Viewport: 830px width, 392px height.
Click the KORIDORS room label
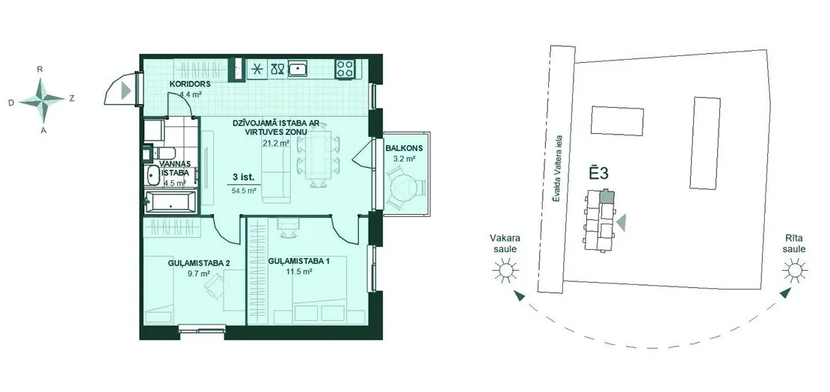point(190,85)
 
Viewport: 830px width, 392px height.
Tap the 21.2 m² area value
point(276,143)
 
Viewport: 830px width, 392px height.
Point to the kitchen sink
point(300,69)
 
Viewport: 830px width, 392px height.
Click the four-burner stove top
point(345,69)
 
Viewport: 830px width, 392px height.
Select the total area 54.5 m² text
point(244,191)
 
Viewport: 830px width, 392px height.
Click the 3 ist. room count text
point(243,177)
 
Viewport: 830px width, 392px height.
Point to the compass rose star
point(43,99)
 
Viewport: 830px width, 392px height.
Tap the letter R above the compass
point(40,70)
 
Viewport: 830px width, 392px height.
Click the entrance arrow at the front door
point(126,91)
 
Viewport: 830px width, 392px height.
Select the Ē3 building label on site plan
point(598,174)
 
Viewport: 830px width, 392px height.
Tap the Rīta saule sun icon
point(795,271)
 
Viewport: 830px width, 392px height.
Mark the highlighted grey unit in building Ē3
point(606,197)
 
